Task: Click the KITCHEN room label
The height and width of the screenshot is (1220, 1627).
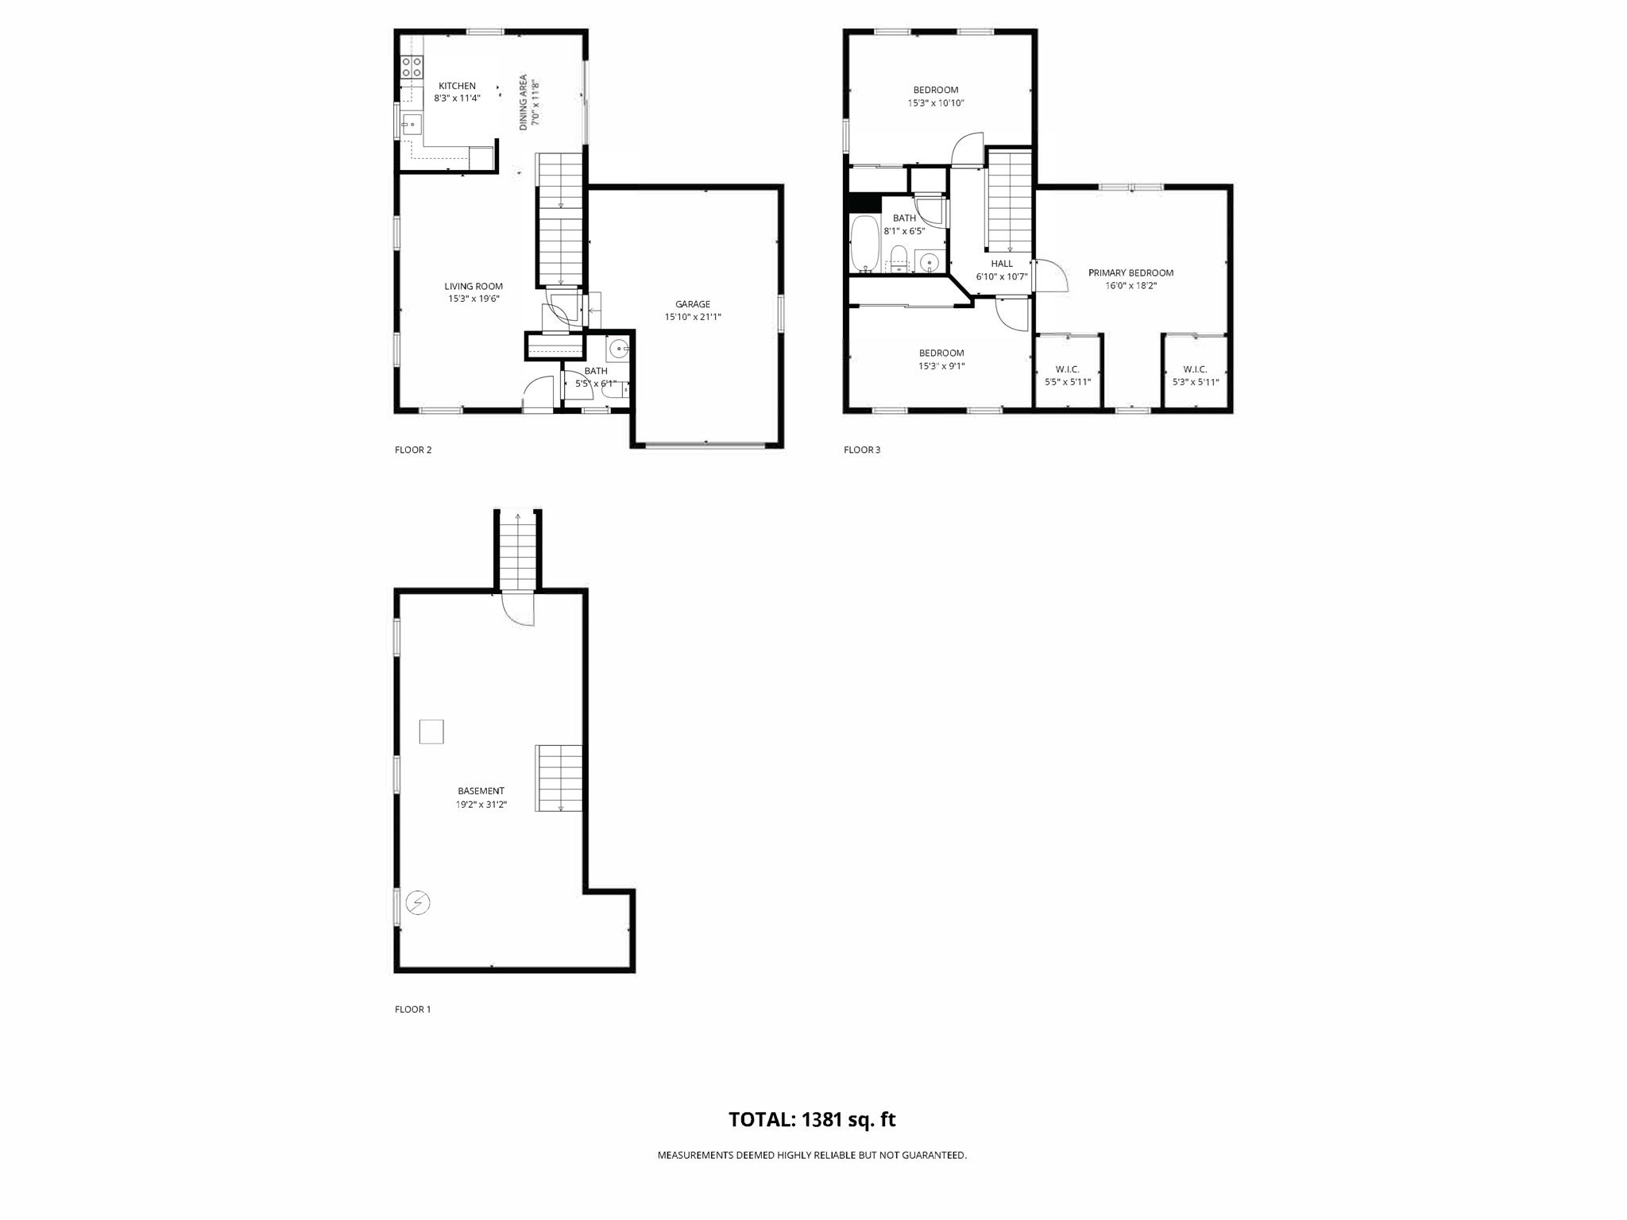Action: [x=457, y=86]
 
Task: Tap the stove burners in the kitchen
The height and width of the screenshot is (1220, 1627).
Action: [x=411, y=66]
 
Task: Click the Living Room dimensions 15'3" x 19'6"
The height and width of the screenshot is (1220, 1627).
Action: [x=473, y=299]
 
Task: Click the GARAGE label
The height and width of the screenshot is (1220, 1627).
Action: [x=693, y=304]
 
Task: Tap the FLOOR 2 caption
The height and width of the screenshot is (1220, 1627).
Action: [x=413, y=450]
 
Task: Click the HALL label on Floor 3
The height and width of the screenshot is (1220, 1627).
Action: [x=1002, y=264]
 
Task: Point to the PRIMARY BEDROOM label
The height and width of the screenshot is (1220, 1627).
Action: [x=1130, y=272]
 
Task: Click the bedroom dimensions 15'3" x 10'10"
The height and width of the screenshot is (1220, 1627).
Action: [x=936, y=103]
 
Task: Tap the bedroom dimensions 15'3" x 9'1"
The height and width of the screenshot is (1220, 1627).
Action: [x=941, y=366]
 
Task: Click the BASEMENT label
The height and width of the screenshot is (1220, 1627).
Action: [x=481, y=791]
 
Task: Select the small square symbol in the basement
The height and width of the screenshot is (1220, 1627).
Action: [x=431, y=732]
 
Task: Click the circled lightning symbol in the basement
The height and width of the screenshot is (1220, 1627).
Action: [x=417, y=903]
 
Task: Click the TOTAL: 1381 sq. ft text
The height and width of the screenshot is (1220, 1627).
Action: [x=812, y=1120]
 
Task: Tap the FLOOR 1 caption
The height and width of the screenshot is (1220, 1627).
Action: [x=413, y=1010]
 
